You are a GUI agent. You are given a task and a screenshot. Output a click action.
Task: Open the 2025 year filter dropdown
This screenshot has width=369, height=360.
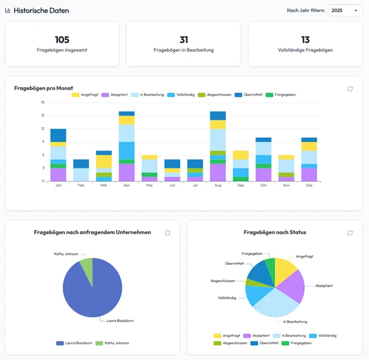(x=345, y=10)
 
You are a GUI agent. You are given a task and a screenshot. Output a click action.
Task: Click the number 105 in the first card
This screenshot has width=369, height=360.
(x=62, y=40)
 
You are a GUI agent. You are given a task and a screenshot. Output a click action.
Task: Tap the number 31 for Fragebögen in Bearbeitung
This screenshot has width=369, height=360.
(x=184, y=40)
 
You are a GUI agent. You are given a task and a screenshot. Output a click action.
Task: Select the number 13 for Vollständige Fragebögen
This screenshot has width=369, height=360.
(x=305, y=40)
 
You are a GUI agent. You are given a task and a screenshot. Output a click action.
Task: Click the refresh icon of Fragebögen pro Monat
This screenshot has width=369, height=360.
(x=350, y=88)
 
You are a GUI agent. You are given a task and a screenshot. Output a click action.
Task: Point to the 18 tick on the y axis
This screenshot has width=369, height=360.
(x=43, y=103)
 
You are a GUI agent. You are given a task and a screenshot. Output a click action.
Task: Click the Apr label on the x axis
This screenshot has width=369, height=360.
(x=126, y=185)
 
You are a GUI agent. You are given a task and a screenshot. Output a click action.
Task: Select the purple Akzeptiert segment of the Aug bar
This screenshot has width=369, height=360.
(x=218, y=173)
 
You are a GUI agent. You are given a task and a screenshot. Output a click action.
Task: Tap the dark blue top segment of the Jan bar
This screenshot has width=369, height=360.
(x=58, y=135)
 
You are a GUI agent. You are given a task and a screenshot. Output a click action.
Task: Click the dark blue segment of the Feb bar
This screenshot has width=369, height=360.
(x=81, y=164)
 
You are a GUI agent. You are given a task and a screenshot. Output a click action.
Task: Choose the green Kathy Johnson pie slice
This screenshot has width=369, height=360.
(x=87, y=272)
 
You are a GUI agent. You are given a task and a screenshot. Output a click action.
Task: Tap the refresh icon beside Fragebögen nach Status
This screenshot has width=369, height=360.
(x=350, y=232)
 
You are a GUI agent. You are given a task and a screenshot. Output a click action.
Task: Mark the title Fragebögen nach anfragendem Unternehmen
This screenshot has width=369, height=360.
(x=92, y=232)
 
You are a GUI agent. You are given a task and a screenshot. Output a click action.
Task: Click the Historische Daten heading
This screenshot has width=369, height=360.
(x=41, y=10)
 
